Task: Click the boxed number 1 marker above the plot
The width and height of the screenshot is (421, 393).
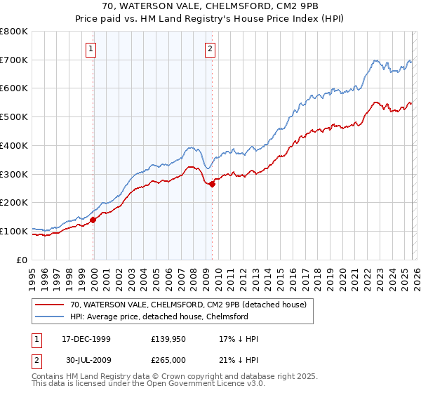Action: pyautogui.click(x=93, y=48)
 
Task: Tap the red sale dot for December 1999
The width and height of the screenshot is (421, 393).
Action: pyautogui.click(x=93, y=220)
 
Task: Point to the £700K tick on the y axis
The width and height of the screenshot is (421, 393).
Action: pyautogui.click(x=14, y=60)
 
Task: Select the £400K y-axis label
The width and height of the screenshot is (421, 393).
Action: pyautogui.click(x=14, y=146)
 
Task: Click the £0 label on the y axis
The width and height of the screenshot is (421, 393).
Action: pyautogui.click(x=22, y=260)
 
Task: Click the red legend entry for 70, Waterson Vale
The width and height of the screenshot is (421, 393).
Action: pyautogui.click(x=188, y=305)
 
